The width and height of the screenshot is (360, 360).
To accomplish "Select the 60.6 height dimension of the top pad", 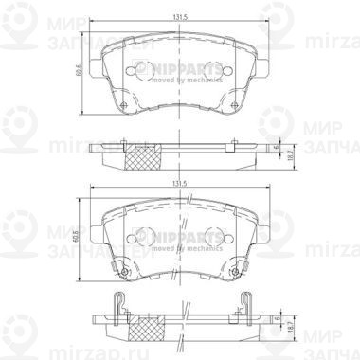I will click(x=80, y=71).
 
